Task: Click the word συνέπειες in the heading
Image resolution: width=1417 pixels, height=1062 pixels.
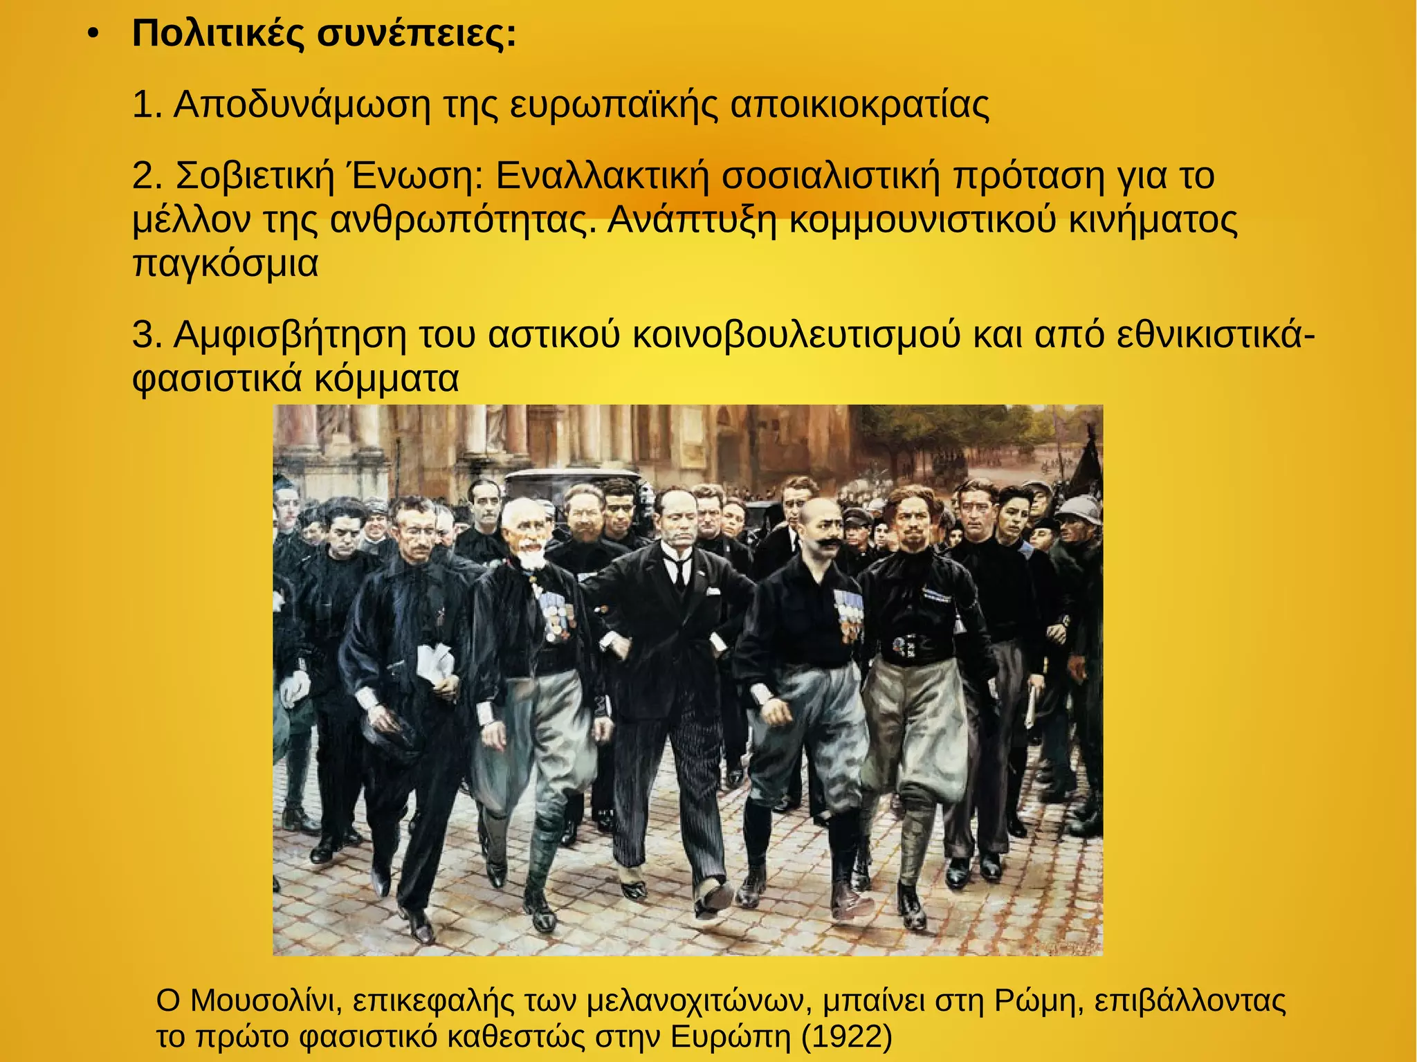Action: [417, 35]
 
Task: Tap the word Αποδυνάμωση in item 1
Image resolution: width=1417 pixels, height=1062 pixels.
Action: [302, 105]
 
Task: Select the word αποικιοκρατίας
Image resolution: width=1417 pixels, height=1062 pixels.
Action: [859, 105]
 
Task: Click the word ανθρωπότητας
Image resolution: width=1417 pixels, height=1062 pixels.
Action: [461, 220]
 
